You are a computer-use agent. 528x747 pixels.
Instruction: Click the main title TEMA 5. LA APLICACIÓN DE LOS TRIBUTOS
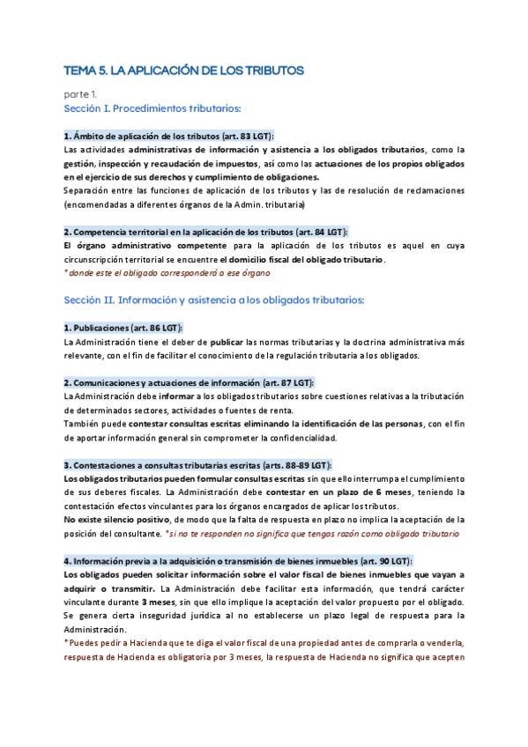coord(183,70)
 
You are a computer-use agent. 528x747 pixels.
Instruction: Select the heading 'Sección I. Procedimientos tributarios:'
coord(152,108)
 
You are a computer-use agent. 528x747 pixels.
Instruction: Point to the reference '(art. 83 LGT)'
coord(246,137)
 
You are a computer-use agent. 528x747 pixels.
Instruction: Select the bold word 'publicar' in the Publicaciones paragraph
coord(227,342)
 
